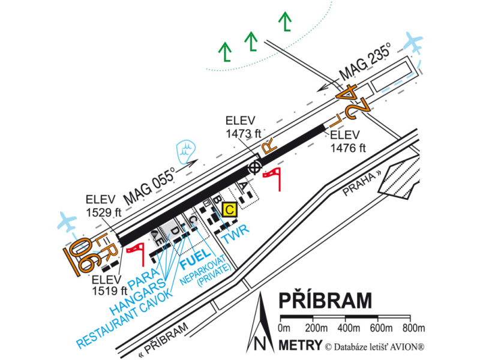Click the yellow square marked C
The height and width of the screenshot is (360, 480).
click(x=229, y=210)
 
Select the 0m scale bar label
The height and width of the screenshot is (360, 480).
click(x=284, y=328)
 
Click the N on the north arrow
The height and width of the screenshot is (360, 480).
click(x=260, y=344)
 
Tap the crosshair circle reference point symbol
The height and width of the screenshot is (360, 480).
click(x=254, y=167)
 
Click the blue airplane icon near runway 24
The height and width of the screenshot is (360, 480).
click(x=413, y=43)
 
